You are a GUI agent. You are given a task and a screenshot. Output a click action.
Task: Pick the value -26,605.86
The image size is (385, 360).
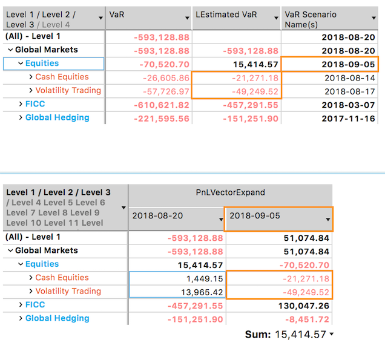[x=166, y=77]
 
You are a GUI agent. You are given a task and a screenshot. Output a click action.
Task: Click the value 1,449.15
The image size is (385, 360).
[x=206, y=278]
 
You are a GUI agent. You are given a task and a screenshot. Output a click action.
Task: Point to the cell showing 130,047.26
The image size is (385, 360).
[x=306, y=306]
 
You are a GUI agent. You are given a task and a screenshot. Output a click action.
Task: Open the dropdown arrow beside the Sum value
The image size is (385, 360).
[x=331, y=335]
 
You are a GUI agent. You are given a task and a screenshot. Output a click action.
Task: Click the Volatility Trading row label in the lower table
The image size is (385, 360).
[x=68, y=291]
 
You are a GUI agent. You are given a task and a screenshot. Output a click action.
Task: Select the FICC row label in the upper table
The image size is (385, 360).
[x=35, y=104]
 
